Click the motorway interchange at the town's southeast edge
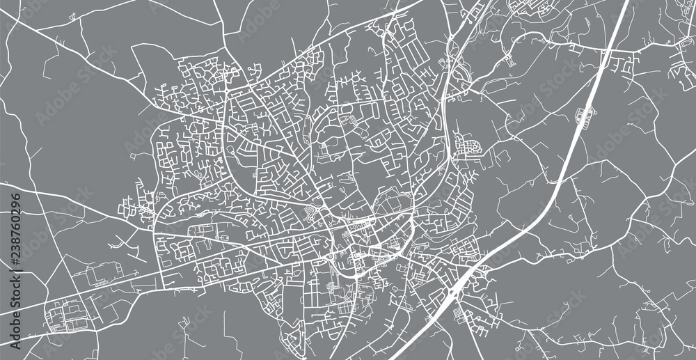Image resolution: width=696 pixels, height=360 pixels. (456, 285)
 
